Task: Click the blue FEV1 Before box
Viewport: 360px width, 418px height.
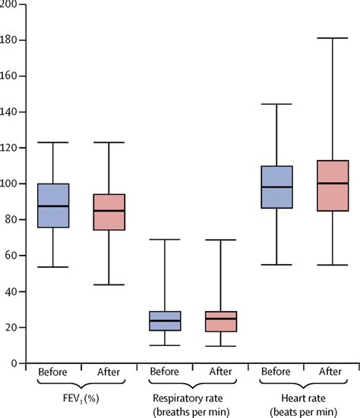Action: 53,206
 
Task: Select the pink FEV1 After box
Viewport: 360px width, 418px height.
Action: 109,212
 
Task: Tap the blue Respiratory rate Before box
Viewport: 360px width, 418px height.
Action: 165,321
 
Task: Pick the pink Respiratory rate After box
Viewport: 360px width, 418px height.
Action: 221,322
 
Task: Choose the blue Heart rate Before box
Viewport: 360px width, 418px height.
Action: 277,187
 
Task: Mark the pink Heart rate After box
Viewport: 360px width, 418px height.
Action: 333,186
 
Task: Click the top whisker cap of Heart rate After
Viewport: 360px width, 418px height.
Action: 333,38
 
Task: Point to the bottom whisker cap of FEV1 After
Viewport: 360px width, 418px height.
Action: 109,284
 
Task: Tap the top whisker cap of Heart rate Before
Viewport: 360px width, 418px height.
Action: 276,104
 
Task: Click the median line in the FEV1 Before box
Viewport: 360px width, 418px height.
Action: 53,206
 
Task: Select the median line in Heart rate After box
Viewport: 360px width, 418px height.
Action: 333,183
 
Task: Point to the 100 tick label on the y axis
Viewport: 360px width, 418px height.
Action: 8,184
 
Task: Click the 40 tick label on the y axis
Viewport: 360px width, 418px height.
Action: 11,291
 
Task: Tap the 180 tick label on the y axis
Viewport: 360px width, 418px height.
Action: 8,40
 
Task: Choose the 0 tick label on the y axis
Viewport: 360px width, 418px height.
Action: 14,363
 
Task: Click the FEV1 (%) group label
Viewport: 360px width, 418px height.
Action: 81,398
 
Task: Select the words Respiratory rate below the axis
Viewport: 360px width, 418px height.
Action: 188,398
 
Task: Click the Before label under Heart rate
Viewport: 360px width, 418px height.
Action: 276,372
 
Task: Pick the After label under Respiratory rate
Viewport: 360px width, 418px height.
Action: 220,372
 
